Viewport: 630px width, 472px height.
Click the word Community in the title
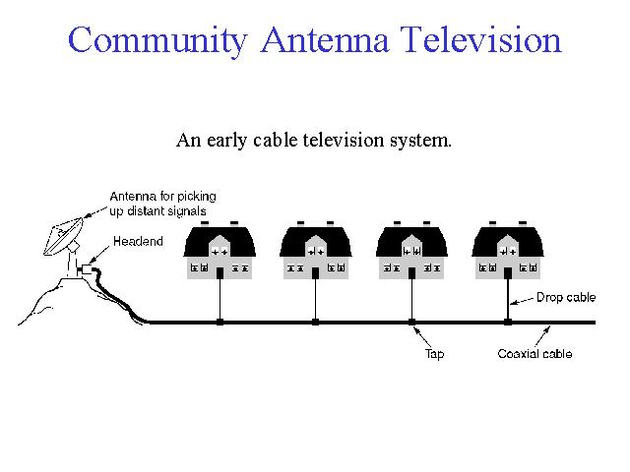(x=157, y=40)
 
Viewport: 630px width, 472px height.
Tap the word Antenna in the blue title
(x=325, y=39)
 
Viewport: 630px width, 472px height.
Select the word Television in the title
(x=481, y=39)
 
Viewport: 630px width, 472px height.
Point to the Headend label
(x=138, y=241)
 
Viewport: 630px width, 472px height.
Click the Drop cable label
(x=566, y=297)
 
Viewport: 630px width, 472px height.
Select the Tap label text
(x=434, y=354)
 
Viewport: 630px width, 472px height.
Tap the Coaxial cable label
(x=535, y=354)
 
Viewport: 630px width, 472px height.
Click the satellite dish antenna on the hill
(x=63, y=236)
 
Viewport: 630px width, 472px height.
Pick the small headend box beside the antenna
(x=86, y=269)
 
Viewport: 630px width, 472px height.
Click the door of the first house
(x=220, y=273)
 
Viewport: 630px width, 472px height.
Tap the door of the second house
(x=315, y=273)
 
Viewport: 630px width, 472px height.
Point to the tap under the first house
(x=220, y=322)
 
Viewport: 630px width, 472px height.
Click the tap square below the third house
(x=411, y=322)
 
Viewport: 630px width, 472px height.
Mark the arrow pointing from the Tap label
(x=422, y=337)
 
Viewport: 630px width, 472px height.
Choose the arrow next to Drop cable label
(x=522, y=301)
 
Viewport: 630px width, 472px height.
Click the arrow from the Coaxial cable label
(x=542, y=336)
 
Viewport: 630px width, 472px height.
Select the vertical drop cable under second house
(x=315, y=299)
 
